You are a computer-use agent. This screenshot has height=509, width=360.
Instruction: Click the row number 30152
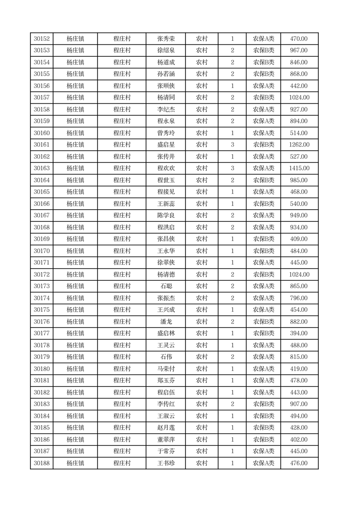(42, 39)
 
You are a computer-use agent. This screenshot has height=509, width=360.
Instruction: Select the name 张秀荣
(165, 39)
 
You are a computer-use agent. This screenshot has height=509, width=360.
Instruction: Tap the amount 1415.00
(299, 168)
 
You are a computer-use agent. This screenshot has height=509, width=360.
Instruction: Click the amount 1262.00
(299, 145)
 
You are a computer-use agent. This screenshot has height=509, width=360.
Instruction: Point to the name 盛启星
(165, 145)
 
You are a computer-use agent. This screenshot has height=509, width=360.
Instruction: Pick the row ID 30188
(42, 463)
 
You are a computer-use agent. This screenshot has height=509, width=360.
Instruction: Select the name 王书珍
(165, 463)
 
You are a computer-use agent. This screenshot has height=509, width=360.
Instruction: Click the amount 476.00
(299, 463)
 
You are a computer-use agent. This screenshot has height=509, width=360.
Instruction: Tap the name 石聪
(165, 286)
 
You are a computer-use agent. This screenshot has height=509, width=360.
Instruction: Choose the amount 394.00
(299, 333)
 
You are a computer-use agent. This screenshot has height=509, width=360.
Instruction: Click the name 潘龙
(165, 322)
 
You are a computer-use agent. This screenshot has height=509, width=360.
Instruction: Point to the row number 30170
(42, 251)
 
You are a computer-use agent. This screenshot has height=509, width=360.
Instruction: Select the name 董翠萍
(165, 440)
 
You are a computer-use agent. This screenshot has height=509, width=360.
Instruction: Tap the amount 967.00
(299, 51)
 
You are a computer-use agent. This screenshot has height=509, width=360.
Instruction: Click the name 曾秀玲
(165, 133)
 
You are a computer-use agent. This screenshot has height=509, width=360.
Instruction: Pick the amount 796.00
(299, 298)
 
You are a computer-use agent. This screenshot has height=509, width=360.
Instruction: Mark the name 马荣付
(165, 369)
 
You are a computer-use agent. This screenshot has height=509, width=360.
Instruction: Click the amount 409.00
(299, 239)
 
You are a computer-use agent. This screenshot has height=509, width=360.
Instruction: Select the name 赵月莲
(165, 428)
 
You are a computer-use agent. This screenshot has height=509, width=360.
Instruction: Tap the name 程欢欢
(165, 168)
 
